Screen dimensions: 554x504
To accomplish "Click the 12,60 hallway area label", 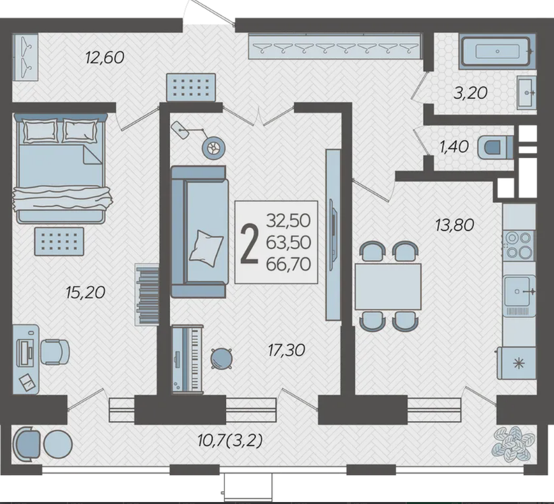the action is click(x=105, y=57).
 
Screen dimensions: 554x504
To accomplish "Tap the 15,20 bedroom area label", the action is click(x=86, y=292).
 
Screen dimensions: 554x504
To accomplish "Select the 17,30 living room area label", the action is click(x=286, y=350).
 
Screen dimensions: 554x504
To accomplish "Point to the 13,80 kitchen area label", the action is click(x=455, y=225).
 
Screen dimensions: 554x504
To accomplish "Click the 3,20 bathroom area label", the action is click(x=470, y=93).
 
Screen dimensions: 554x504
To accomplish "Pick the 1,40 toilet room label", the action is click(x=454, y=146).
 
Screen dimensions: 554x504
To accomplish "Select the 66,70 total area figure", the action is click(x=288, y=264).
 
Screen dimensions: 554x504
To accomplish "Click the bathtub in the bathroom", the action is click(x=497, y=51).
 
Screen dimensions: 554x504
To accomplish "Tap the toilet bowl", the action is click(x=495, y=147).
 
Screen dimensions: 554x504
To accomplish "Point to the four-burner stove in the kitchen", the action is click(x=519, y=245).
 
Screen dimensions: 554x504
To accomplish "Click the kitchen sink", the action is click(x=519, y=291).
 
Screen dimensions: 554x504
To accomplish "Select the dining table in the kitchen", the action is click(x=388, y=287).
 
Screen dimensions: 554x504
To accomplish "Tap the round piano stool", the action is click(x=221, y=358).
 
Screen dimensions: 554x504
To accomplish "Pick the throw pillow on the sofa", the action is click(x=206, y=248).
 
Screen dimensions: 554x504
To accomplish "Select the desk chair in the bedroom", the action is click(x=55, y=352).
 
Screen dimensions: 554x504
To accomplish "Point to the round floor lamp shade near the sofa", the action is click(x=213, y=148).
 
